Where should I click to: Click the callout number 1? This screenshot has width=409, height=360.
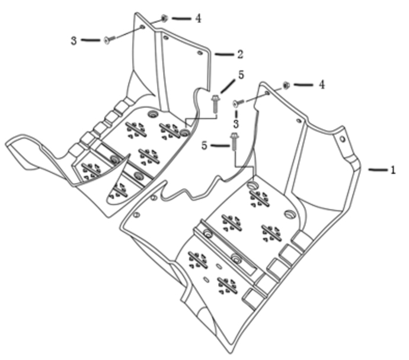393,170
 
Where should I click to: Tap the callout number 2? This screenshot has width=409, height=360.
240,54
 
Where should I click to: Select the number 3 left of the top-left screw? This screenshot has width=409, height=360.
74,41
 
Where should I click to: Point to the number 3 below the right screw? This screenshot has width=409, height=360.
236,124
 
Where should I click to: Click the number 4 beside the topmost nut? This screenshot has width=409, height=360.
199,18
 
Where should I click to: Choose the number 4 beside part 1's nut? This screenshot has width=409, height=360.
322,85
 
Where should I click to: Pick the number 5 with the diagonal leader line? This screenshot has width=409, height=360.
241,75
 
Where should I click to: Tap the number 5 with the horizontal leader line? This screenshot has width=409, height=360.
204,146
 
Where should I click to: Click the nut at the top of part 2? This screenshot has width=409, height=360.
164,18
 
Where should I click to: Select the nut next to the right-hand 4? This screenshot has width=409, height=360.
286,85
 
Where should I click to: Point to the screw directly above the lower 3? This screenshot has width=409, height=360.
238,103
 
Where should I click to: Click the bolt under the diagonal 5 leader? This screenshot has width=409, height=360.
215,104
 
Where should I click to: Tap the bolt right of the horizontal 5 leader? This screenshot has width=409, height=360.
234,141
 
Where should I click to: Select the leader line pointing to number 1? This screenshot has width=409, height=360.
378,170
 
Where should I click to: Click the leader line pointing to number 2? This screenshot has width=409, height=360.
224,54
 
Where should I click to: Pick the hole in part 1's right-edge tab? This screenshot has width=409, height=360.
343,139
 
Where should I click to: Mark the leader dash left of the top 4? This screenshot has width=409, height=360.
181,18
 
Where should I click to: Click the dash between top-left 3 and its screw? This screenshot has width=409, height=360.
91,40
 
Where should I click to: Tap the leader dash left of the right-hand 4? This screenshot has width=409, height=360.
303,85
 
